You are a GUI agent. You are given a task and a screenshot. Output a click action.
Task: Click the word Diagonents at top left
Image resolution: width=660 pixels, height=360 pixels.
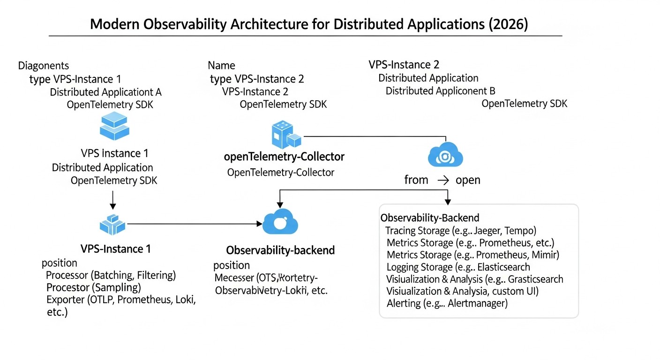pyautogui.click(x=43, y=66)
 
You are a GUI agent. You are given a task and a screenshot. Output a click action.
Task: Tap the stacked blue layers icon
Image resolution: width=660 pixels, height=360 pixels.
pyautogui.click(x=114, y=126)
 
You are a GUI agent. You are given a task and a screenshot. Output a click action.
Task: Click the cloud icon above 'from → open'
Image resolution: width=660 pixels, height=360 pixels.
pyautogui.click(x=445, y=155)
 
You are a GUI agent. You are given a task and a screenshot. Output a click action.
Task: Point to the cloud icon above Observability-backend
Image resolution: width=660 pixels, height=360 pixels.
pyautogui.click(x=280, y=222)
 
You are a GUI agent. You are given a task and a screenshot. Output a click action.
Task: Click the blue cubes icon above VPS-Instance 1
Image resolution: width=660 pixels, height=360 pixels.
pyautogui.click(x=112, y=225)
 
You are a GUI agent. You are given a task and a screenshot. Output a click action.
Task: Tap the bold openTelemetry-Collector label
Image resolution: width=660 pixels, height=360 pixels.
pyautogui.click(x=285, y=157)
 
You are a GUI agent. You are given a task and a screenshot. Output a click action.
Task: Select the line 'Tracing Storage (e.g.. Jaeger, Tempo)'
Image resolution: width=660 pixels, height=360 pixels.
pyautogui.click(x=460, y=231)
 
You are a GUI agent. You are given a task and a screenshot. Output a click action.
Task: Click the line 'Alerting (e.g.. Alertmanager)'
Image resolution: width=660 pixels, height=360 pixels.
pyautogui.click(x=447, y=303)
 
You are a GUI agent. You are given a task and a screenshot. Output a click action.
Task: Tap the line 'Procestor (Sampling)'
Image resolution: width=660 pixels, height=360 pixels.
pyautogui.click(x=93, y=287)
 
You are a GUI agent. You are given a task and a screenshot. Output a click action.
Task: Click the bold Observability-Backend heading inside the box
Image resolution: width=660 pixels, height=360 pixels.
pyautogui.click(x=429, y=218)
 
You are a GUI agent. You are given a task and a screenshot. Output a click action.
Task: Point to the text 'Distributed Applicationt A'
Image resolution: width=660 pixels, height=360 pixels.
pyautogui.click(x=105, y=92)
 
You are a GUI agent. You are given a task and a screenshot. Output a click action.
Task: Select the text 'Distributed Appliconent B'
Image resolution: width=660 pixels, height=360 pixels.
pyautogui.click(x=440, y=91)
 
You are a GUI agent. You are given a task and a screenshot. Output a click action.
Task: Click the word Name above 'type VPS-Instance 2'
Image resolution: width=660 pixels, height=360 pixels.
pyautogui.click(x=221, y=66)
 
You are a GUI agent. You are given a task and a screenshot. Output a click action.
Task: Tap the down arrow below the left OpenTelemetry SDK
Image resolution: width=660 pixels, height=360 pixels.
pyautogui.click(x=112, y=200)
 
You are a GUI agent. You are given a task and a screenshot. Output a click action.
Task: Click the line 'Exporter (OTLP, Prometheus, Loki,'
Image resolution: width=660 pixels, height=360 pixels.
pyautogui.click(x=121, y=300)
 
